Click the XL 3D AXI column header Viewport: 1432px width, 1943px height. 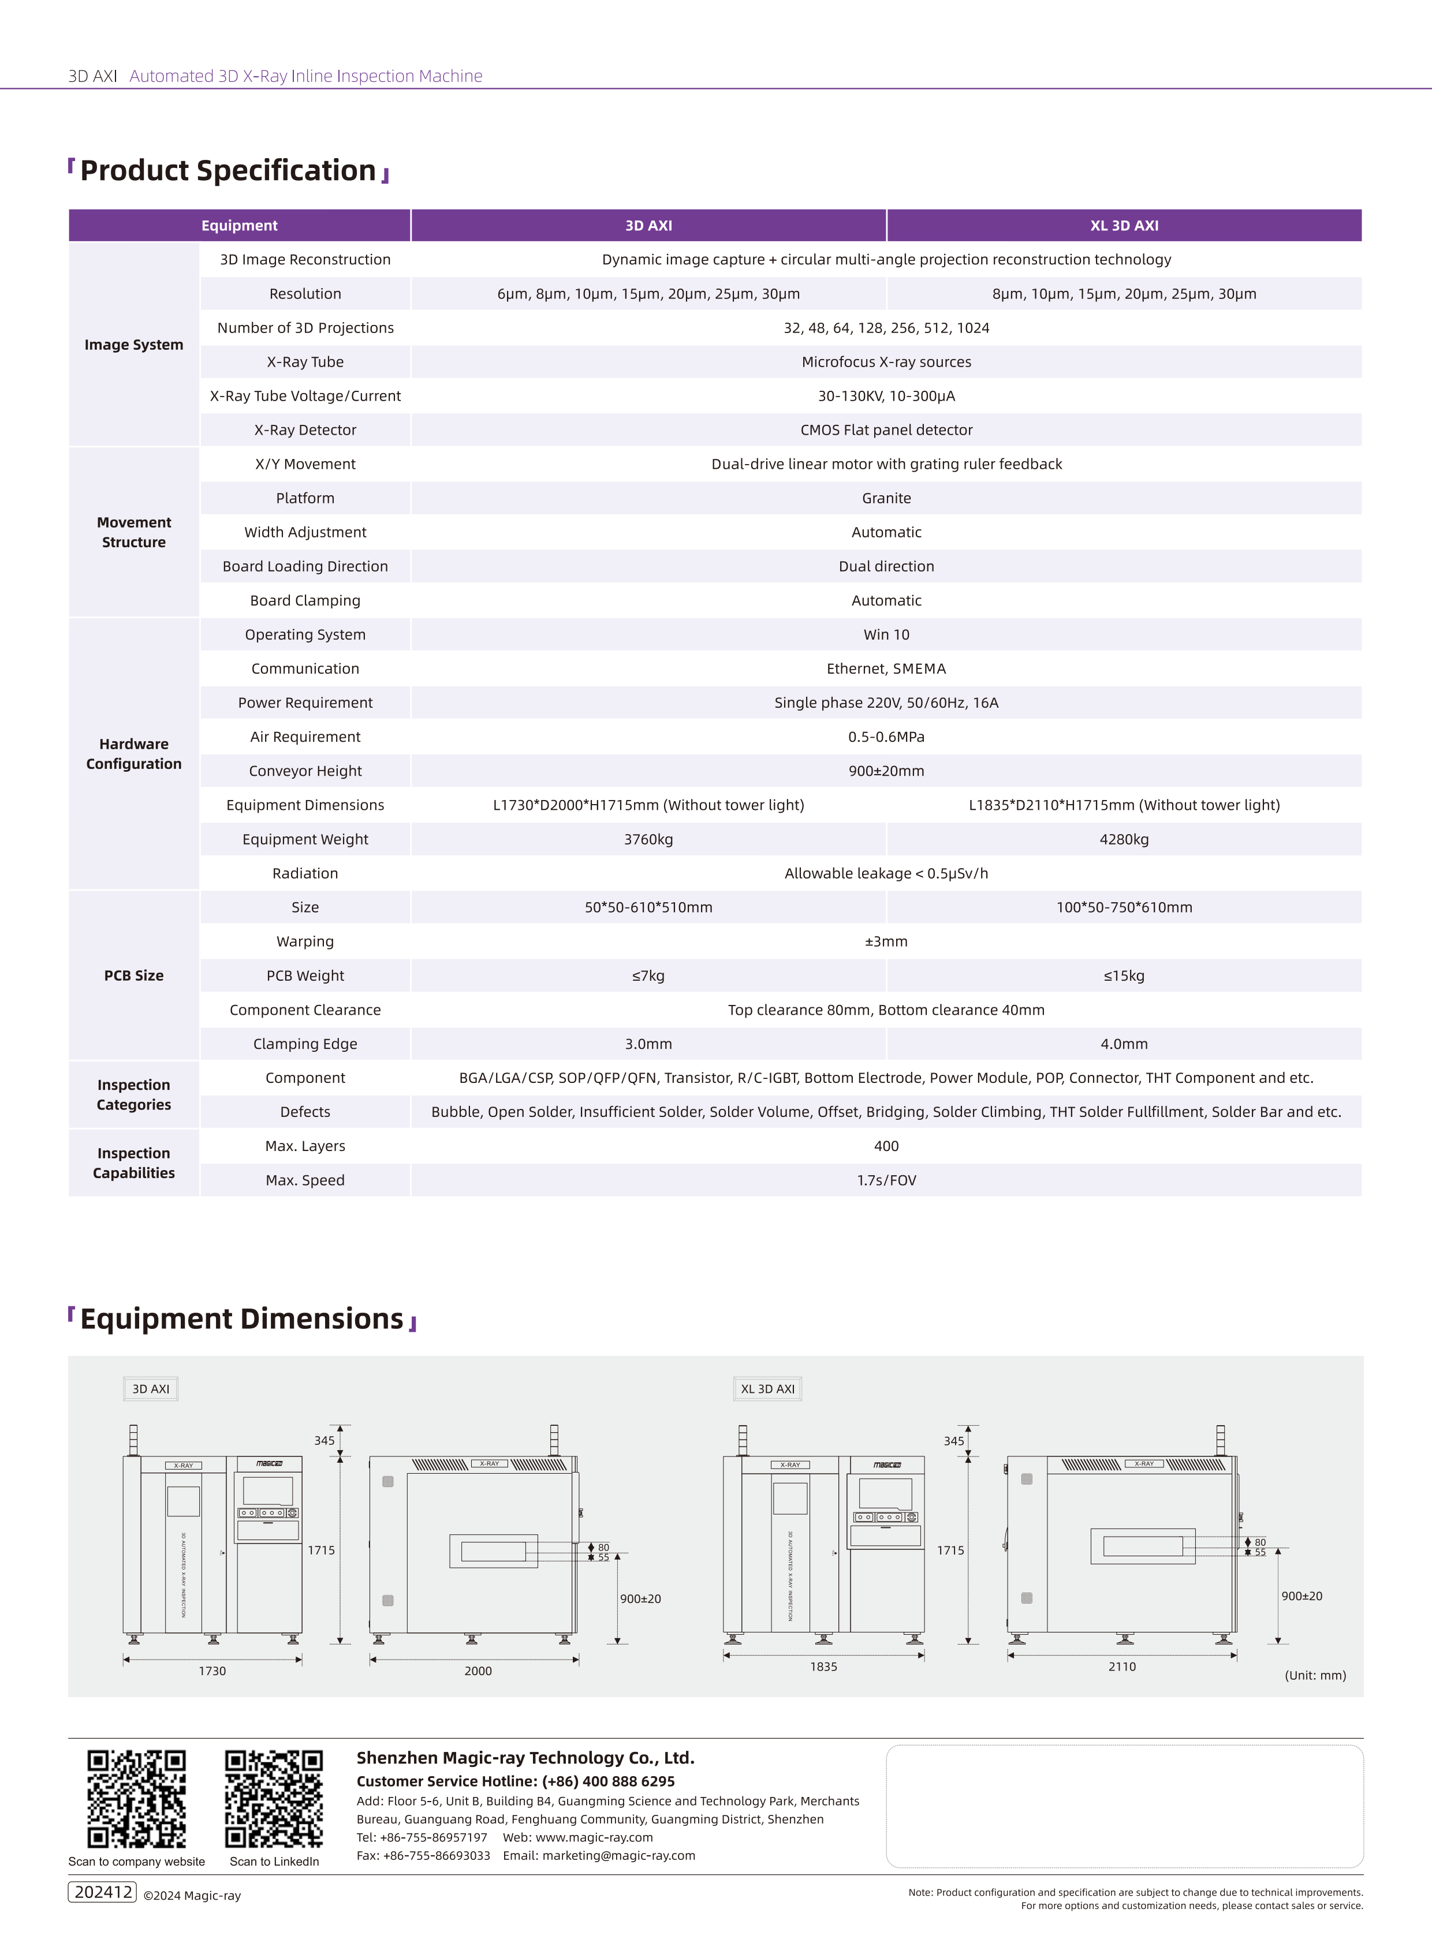(x=1124, y=225)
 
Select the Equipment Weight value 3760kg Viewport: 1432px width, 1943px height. (x=648, y=839)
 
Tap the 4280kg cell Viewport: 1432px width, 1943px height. (x=1124, y=839)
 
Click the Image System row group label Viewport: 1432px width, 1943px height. (x=133, y=345)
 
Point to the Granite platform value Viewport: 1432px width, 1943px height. (x=886, y=498)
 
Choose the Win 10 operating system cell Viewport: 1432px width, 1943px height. (x=886, y=634)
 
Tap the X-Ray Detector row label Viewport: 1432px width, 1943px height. (x=305, y=430)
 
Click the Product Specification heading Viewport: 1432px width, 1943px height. (x=228, y=171)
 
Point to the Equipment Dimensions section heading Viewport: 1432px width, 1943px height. (x=242, y=1318)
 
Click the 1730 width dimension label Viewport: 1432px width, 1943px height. (x=212, y=1671)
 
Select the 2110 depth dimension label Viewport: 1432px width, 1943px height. (x=1122, y=1667)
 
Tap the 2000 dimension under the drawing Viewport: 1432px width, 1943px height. (x=478, y=1671)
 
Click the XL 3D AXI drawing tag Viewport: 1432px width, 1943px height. (x=767, y=1388)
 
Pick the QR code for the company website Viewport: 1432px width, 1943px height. (x=136, y=1798)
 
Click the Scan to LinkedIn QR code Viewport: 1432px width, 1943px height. (x=274, y=1798)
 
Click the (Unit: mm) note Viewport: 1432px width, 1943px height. (x=1315, y=1675)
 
